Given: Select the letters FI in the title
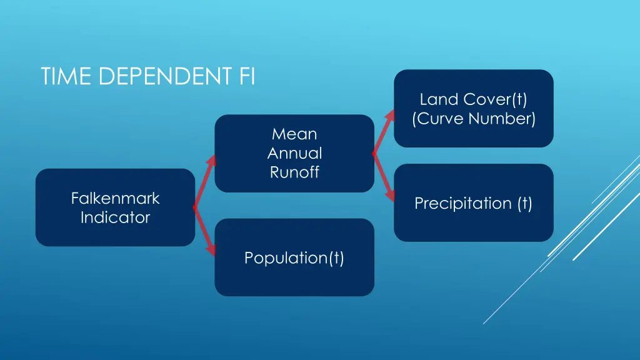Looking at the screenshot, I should click(247, 76).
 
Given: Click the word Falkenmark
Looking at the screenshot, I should click(115, 198).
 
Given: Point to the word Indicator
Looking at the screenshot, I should click(115, 217).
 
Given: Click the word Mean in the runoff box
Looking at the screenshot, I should click(294, 134).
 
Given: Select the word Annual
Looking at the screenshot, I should click(294, 153).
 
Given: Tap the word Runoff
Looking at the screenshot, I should click(294, 172).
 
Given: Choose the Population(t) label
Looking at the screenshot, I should click(294, 257).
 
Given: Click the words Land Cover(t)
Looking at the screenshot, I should click(474, 99).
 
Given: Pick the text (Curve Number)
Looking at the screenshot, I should click(474, 118).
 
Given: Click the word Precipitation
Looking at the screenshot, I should click(462, 203).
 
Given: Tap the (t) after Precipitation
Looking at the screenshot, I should click(524, 203).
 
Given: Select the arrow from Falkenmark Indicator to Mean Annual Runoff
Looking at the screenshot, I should click(204, 181).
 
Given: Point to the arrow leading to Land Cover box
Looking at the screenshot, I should click(384, 132).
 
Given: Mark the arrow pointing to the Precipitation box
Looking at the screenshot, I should click(384, 177).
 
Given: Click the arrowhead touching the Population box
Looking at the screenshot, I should click(212, 250).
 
